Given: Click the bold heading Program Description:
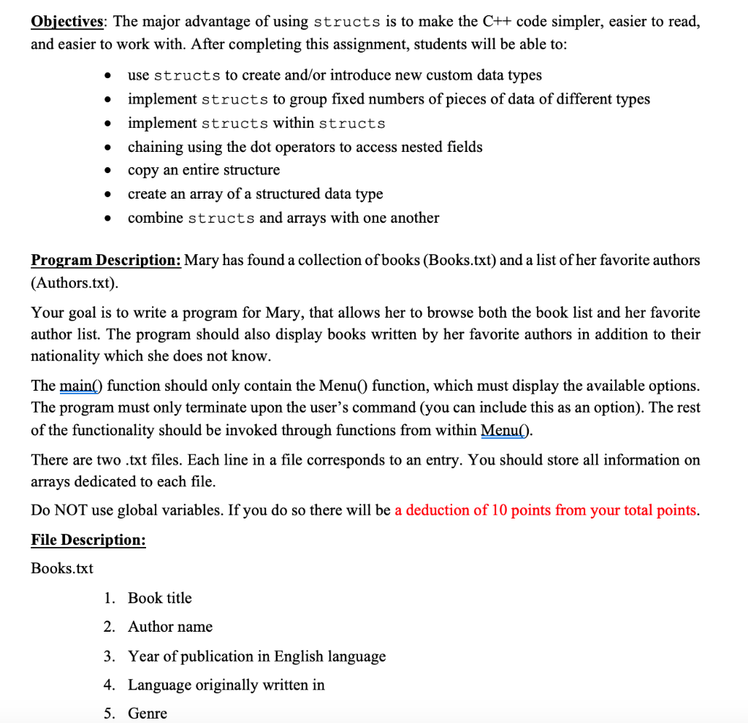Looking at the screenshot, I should (x=106, y=260).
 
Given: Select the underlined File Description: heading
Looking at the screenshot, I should (x=88, y=540).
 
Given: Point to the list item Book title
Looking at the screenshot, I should (x=159, y=598).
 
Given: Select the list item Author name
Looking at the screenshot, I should (x=170, y=627).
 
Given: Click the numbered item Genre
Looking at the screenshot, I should (x=147, y=714).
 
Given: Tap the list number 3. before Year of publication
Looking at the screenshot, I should (x=109, y=656).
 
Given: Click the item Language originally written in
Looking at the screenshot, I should (x=226, y=684).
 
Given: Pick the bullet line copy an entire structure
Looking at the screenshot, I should (x=203, y=169).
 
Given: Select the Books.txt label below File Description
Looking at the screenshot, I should (x=62, y=568).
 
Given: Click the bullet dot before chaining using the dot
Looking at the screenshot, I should (x=107, y=148).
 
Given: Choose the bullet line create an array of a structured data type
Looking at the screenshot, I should (x=255, y=194).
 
